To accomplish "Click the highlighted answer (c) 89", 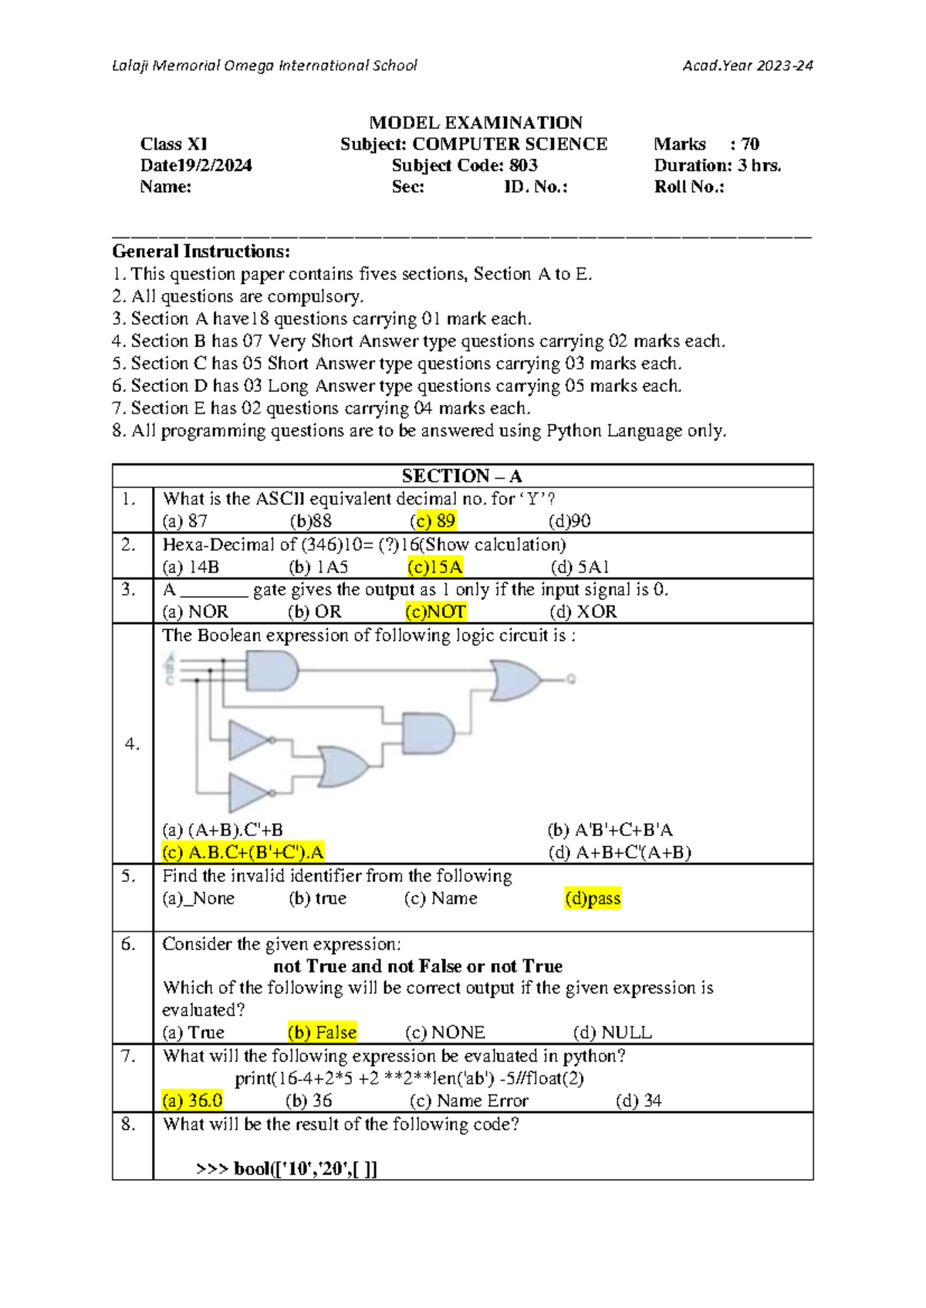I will point(433,521).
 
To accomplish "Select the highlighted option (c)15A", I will point(435,568).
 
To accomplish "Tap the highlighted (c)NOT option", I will point(435,612).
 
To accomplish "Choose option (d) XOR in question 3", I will point(583,612).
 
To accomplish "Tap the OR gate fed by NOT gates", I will point(343,767).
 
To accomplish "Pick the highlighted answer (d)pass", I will point(593,898).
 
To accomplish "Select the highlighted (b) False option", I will point(322,1033).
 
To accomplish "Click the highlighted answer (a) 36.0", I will point(192,1101).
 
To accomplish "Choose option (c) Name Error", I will point(469,1101).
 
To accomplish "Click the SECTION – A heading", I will point(462,476).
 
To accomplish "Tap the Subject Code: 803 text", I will point(465,166).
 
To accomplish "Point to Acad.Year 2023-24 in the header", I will point(747,66).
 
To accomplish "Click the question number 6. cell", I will point(129,945).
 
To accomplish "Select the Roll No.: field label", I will point(689,187).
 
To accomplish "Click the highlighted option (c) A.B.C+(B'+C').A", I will point(243,852).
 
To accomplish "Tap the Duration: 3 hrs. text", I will point(718,166).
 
